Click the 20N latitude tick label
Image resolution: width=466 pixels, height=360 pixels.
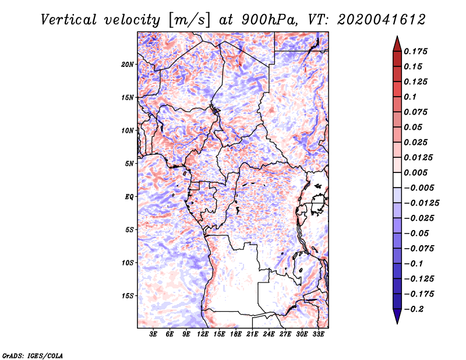[128, 65]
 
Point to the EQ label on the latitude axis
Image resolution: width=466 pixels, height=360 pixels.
[129, 197]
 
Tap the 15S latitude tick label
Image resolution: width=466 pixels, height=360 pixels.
[128, 296]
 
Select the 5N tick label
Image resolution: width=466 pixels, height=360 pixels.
[129, 164]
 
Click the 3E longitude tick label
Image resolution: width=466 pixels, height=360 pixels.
[153, 334]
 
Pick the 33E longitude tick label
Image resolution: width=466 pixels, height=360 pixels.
[318, 334]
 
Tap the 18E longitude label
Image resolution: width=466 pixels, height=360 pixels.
[236, 334]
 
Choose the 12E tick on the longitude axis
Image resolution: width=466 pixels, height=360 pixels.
[203, 334]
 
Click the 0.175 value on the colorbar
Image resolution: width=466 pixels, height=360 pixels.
[415, 51]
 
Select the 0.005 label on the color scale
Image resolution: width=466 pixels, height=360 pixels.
[415, 172]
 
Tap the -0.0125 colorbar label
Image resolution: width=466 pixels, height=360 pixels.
[421, 203]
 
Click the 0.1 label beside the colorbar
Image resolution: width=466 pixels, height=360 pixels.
[410, 97]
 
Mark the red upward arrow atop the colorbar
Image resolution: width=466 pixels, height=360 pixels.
[397, 44]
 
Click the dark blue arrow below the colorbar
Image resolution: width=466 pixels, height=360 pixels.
[397, 316]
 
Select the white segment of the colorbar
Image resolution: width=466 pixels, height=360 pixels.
[397, 180]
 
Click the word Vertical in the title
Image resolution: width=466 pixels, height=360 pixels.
[69, 20]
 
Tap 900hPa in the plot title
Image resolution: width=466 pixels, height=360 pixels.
[269, 20]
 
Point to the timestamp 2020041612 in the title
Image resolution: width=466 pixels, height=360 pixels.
[382, 20]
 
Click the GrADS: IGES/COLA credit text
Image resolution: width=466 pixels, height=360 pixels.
[33, 355]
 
